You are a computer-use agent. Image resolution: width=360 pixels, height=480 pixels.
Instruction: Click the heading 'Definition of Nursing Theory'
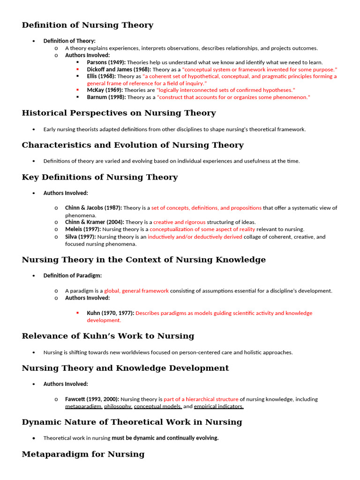tap(87, 25)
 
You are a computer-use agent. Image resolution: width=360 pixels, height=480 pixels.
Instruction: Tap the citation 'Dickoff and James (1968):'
tap(119, 69)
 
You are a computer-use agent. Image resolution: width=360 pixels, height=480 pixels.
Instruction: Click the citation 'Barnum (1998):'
tap(106, 97)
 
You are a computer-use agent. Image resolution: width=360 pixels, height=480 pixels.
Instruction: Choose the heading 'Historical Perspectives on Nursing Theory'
tap(119, 113)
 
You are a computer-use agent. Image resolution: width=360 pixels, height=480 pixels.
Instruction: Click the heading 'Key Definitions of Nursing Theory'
tap(99, 177)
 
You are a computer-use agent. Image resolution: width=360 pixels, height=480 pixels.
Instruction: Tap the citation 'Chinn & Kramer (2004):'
tap(95, 222)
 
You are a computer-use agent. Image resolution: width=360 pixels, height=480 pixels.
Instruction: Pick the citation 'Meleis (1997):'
tap(83, 229)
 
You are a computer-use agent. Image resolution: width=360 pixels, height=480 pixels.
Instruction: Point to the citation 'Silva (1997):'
tap(81, 237)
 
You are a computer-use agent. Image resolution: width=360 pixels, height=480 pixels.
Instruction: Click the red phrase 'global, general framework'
tap(136, 291)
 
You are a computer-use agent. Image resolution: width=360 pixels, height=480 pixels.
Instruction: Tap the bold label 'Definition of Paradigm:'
tap(72, 276)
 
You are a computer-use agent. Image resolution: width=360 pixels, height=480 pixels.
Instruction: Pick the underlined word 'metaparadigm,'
tap(83, 406)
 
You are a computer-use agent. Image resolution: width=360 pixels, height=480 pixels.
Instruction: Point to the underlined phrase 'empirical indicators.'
tap(218, 406)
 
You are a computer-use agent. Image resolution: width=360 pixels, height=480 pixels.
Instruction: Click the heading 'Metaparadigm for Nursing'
tap(83, 454)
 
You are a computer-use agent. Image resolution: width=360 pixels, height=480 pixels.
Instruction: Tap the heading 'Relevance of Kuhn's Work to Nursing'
tap(108, 336)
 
